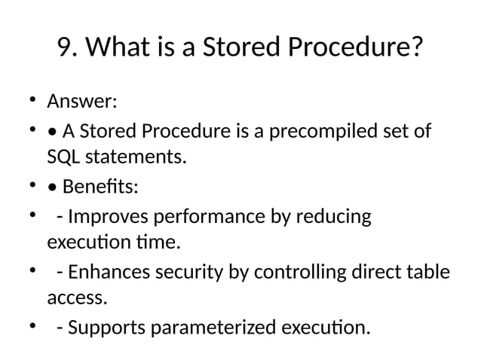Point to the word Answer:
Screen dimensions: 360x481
[81, 101]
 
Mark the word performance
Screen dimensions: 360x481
[204, 217]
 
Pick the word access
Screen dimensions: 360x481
[77, 298]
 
